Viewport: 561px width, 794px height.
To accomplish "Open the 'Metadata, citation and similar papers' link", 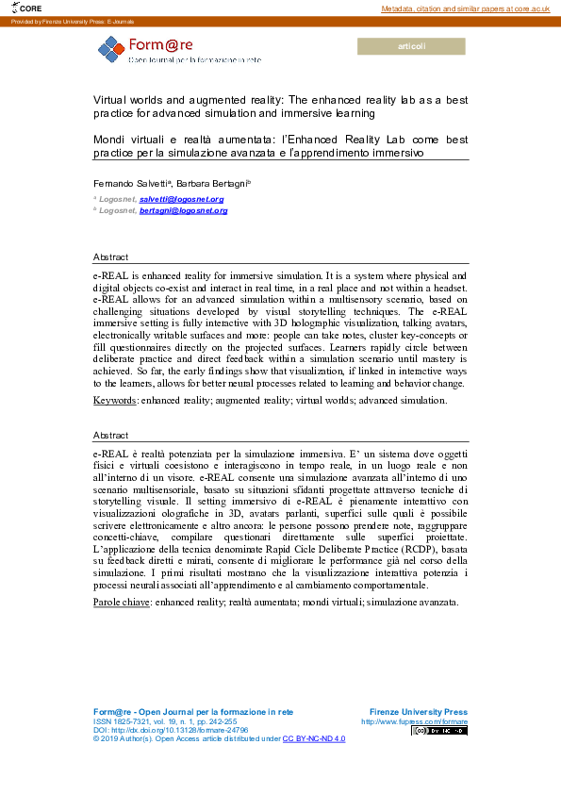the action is [465, 8].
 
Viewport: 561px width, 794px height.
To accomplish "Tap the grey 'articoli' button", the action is [412, 46].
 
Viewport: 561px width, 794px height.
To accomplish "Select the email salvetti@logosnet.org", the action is [181, 199].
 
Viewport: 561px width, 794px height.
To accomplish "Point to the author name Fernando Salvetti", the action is [126, 180].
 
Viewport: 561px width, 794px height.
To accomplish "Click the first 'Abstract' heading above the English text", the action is [111, 256].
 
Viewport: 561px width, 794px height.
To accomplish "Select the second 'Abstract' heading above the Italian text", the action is [111, 436].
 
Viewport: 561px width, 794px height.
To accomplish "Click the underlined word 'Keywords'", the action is [114, 401].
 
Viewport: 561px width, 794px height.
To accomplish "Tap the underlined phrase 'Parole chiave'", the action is [120, 602].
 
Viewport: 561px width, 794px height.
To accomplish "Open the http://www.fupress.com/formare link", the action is [414, 721].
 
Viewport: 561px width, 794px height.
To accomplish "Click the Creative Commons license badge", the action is [438, 731].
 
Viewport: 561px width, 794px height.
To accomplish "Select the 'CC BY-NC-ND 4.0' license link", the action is [314, 739].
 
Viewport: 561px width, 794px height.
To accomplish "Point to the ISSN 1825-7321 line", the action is [165, 720].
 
